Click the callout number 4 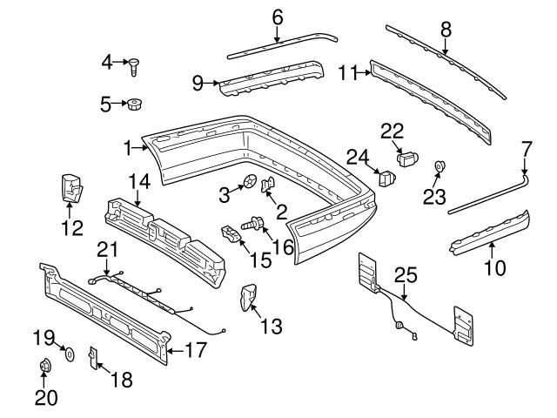(107, 61)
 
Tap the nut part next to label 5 (135, 105)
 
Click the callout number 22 (393, 130)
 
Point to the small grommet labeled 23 (439, 165)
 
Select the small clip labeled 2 (269, 183)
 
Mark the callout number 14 (140, 182)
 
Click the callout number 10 (493, 269)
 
